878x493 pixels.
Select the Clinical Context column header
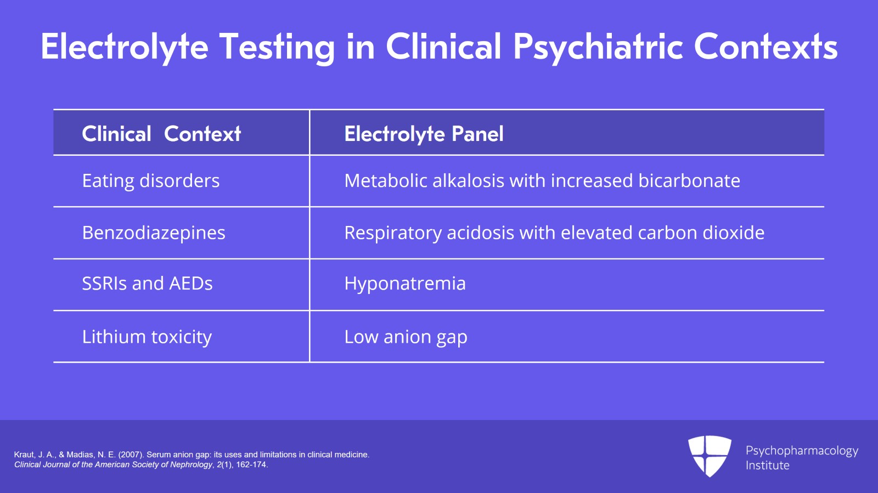(161, 134)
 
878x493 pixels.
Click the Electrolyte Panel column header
(424, 134)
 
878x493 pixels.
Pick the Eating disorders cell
(151, 181)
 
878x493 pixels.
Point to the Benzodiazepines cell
(154, 233)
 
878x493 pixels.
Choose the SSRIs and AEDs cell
(147, 284)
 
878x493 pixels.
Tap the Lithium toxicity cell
(147, 337)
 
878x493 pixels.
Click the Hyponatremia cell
(405, 284)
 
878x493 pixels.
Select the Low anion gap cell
(406, 337)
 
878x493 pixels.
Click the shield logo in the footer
(710, 456)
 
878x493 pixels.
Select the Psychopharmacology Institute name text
(802, 458)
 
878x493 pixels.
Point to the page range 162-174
(251, 464)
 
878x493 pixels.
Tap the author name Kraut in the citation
(24, 455)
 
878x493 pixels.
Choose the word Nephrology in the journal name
(192, 464)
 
